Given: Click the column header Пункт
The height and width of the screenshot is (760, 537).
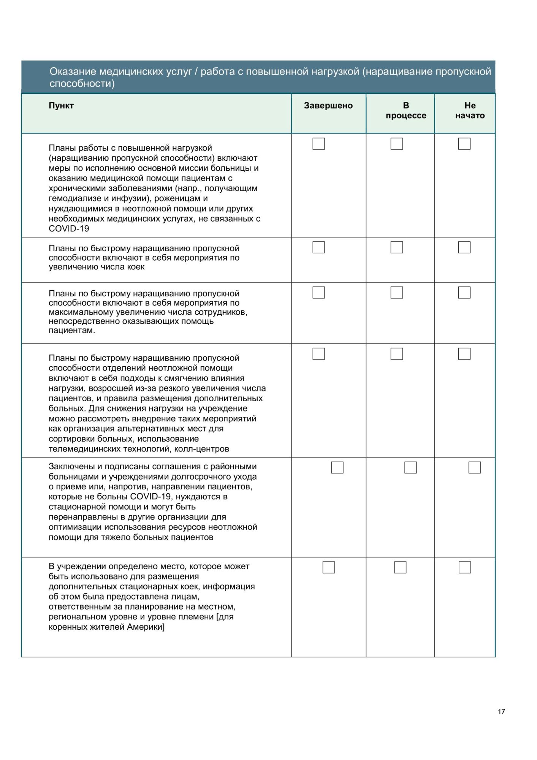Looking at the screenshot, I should pyautogui.click(x=61, y=106).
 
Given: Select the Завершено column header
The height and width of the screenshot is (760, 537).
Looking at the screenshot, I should pyautogui.click(x=328, y=106).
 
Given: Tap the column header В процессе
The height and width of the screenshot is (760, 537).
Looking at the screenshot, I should pyautogui.click(x=406, y=111).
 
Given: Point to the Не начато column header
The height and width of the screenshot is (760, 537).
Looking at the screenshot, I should pyautogui.click(x=470, y=111).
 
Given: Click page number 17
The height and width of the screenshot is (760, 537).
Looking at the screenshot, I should pyautogui.click(x=501, y=711).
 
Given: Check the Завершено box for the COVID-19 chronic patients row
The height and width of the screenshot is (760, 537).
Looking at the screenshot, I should pyautogui.click(x=318, y=144).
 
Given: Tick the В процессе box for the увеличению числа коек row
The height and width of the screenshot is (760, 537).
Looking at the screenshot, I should pyautogui.click(x=396, y=247).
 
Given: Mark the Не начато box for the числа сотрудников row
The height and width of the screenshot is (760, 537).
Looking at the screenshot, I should pyautogui.click(x=464, y=293).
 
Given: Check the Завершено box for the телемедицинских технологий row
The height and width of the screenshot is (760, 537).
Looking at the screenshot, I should pyautogui.click(x=318, y=354).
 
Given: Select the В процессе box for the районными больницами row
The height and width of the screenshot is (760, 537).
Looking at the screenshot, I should pyautogui.click(x=410, y=467).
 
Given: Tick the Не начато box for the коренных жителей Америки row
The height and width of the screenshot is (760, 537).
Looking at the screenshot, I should pyautogui.click(x=464, y=567).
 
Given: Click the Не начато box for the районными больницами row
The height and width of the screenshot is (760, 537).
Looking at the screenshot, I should pyautogui.click(x=474, y=467).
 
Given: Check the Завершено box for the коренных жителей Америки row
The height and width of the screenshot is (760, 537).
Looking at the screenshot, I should pyautogui.click(x=328, y=567).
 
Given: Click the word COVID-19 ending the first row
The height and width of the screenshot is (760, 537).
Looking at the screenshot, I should pyautogui.click(x=69, y=229).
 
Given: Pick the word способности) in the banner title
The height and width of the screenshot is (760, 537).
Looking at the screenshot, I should pyautogui.click(x=82, y=84).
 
